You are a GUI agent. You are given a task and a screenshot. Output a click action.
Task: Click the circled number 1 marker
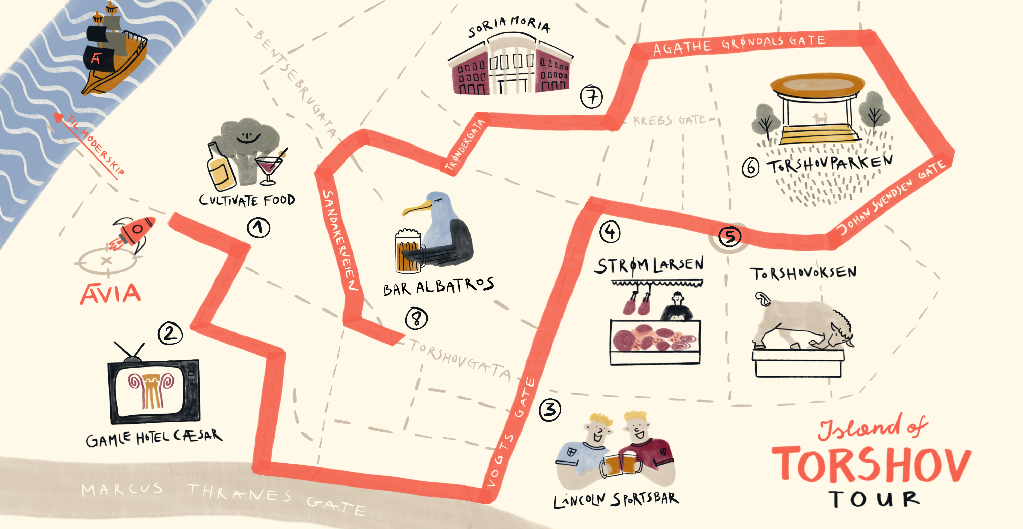pyautogui.click(x=258, y=228)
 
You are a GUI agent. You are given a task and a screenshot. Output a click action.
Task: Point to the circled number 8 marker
pyautogui.click(x=416, y=318)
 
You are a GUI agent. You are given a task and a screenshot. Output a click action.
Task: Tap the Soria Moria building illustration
pyautogui.click(x=510, y=65)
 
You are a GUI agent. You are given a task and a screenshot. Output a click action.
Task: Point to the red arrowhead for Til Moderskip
pyautogui.click(x=59, y=117)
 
